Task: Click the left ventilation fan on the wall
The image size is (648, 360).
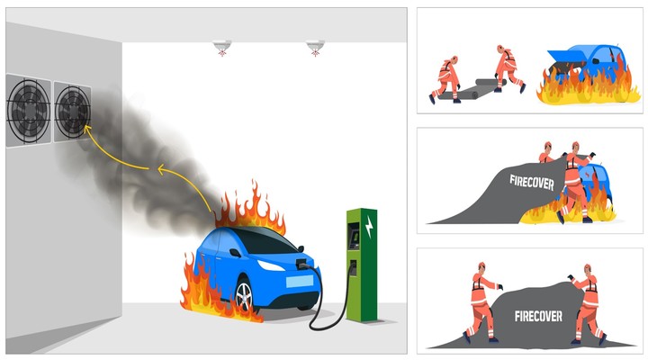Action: (29, 111)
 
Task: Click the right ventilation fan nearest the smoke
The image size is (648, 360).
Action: (73, 112)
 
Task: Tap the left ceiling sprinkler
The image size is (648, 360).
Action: (222, 47)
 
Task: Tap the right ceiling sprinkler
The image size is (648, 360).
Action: (315, 47)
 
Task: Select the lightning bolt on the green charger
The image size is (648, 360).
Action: (369, 227)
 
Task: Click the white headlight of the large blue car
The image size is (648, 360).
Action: (271, 265)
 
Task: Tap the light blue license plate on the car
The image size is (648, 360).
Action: (299, 282)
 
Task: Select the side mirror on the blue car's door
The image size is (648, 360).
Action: (235, 252)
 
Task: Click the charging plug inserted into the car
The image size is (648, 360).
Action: (302, 264)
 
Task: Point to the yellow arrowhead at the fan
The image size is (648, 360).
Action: (87, 129)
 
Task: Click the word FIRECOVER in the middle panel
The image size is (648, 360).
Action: (532, 183)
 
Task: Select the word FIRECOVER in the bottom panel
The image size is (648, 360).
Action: (538, 316)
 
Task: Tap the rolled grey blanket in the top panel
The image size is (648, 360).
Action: (471, 90)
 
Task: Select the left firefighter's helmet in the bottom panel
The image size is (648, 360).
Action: (481, 265)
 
